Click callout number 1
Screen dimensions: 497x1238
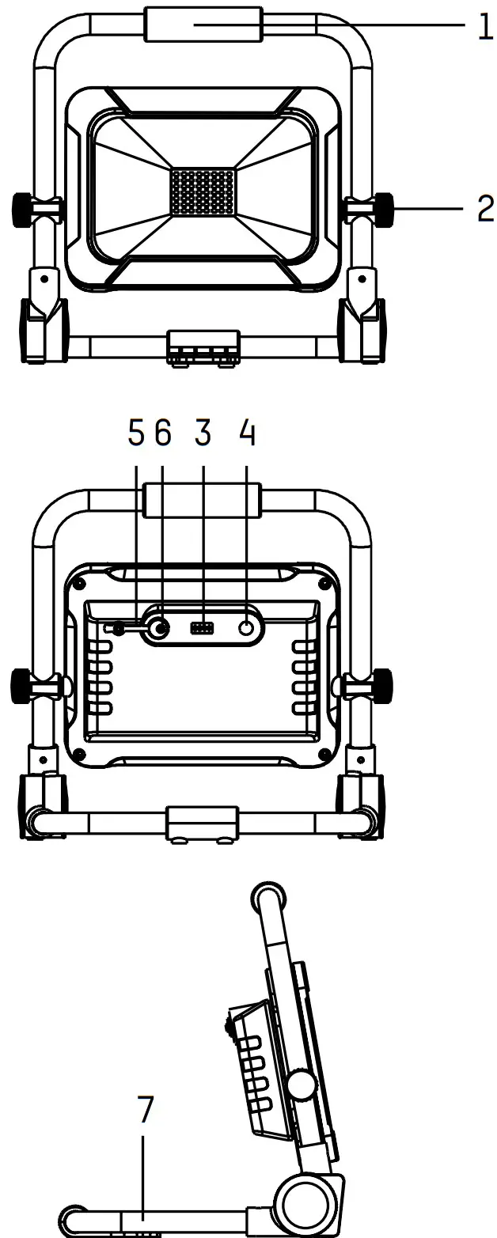[x=485, y=27]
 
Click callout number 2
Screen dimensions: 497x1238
[x=485, y=208]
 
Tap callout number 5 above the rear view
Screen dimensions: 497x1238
[x=136, y=432]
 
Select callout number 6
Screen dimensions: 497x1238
[x=162, y=432]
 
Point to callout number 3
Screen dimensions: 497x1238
[x=203, y=432]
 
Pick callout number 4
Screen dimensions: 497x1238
[x=247, y=432]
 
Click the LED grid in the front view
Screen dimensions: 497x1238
[x=203, y=192]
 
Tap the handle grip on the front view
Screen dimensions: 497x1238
[x=203, y=25]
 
